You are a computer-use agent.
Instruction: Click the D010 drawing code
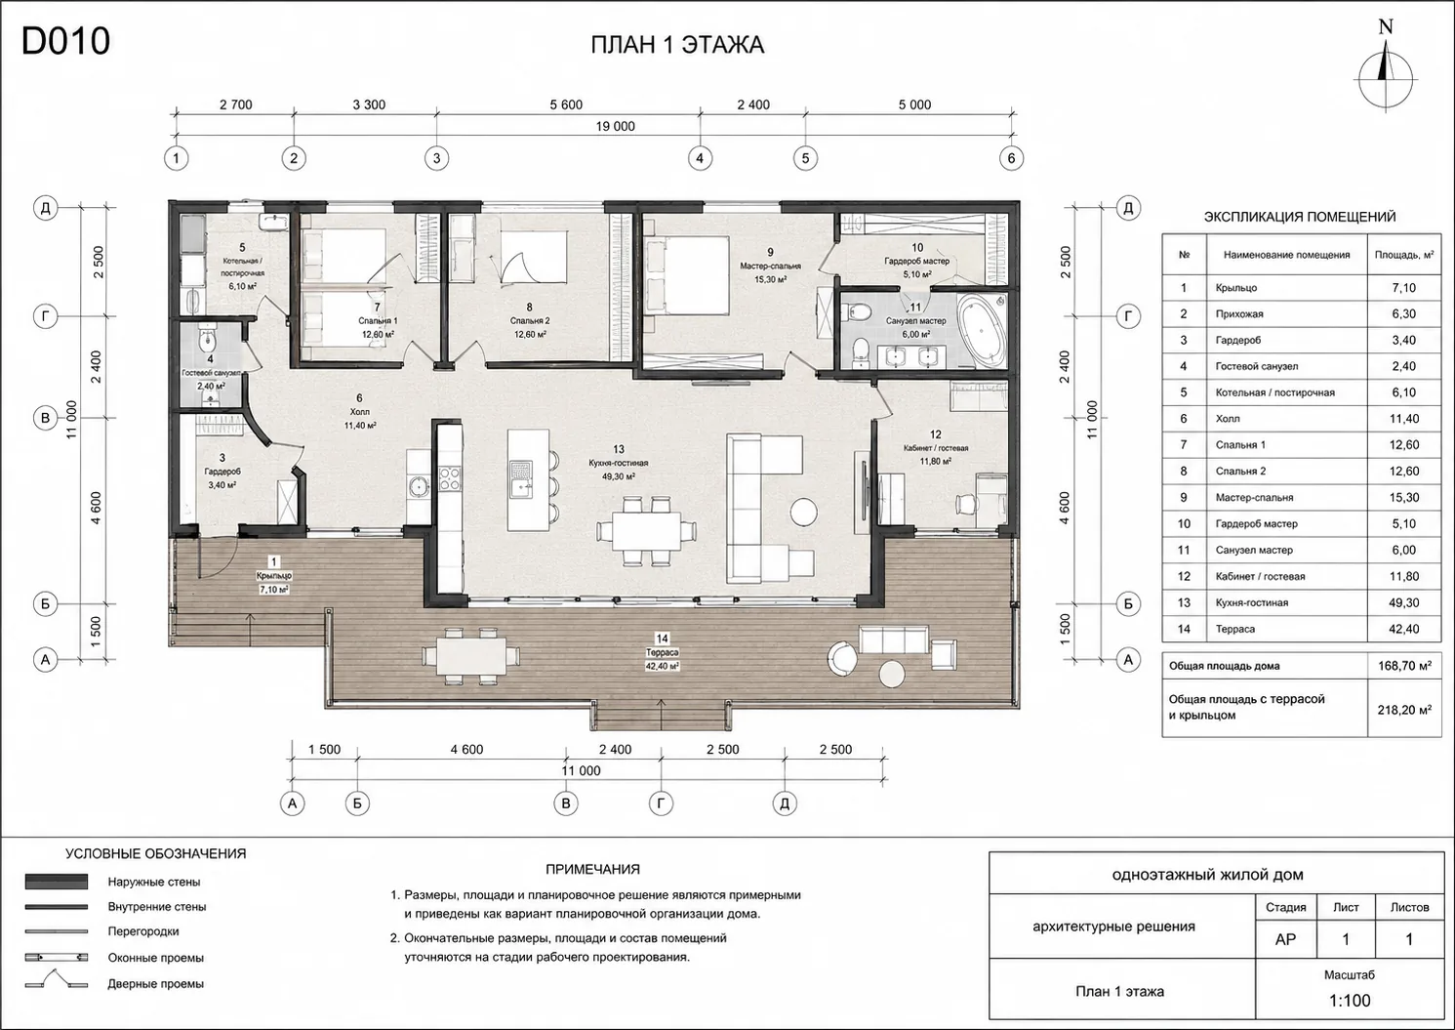[x=65, y=41]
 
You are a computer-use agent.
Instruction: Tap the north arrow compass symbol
[x=1386, y=79]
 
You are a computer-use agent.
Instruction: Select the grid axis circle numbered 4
[x=700, y=158]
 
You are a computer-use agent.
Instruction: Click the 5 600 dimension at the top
[x=566, y=104]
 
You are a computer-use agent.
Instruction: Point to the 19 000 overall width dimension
[x=615, y=126]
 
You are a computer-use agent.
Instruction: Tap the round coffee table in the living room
[x=804, y=511]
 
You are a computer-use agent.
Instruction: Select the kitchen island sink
[x=521, y=478]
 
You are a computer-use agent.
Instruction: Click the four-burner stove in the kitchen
[x=450, y=478]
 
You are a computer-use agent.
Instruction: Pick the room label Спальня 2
[x=529, y=320]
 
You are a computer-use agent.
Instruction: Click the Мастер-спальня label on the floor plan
[x=770, y=266]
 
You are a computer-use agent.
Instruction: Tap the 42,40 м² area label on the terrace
[x=662, y=666]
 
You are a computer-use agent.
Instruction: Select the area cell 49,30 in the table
[x=1403, y=602]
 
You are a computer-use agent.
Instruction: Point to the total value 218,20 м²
[x=1404, y=710]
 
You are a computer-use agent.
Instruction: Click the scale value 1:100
[x=1350, y=1000]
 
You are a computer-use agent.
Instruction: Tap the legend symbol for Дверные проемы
[x=56, y=980]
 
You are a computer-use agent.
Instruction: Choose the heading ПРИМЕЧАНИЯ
[x=592, y=869]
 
